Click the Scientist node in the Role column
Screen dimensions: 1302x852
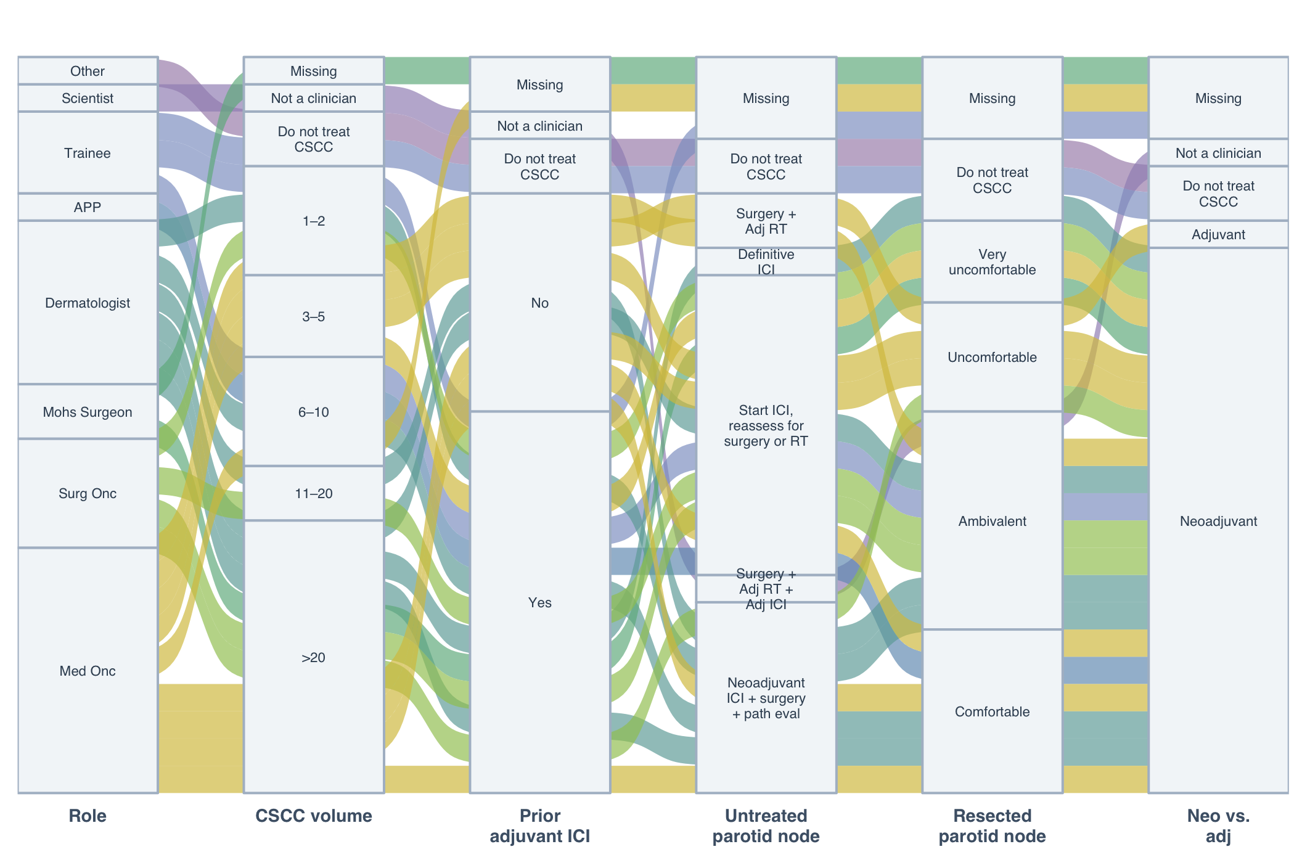pyautogui.click(x=88, y=98)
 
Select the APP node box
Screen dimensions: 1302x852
pyautogui.click(x=88, y=207)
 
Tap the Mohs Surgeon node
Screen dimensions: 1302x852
pyautogui.click(x=88, y=412)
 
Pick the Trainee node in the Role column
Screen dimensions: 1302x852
pyautogui.click(x=88, y=153)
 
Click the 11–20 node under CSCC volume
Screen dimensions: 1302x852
pyautogui.click(x=314, y=493)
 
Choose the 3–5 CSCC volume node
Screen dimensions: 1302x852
pyautogui.click(x=314, y=316)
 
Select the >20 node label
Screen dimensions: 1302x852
pyautogui.click(x=314, y=657)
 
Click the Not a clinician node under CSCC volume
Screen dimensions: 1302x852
pyautogui.click(x=314, y=98)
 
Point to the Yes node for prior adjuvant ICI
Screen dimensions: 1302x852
pyautogui.click(x=540, y=602)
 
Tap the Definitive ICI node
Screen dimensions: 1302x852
pyautogui.click(x=766, y=262)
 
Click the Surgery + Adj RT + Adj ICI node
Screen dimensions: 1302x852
pyautogui.click(x=766, y=589)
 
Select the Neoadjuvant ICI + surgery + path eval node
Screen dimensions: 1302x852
pyautogui.click(x=766, y=698)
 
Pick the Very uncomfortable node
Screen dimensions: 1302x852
pyautogui.click(x=993, y=262)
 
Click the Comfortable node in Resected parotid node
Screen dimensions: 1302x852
pyautogui.click(x=993, y=711)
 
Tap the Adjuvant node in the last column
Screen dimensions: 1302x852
pyautogui.click(x=1219, y=234)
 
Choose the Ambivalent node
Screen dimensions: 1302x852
pyautogui.click(x=993, y=521)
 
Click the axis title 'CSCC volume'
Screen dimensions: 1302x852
pyautogui.click(x=314, y=816)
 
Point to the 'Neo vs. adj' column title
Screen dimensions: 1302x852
pyautogui.click(x=1219, y=825)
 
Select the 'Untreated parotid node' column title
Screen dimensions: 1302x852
pyautogui.click(x=766, y=825)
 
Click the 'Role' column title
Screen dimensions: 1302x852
pyautogui.click(x=88, y=816)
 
